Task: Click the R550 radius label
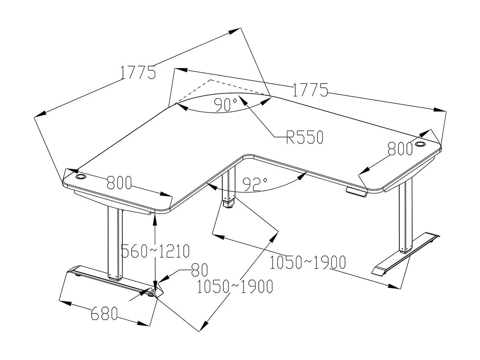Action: [305, 137]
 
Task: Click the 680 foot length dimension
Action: [104, 314]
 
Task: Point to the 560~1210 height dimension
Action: [156, 251]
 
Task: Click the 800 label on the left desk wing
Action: [119, 183]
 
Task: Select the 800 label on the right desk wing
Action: [400, 149]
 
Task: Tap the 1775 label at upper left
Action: [138, 73]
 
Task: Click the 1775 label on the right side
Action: [310, 90]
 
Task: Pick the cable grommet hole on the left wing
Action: [81, 177]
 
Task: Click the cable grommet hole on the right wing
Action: [420, 144]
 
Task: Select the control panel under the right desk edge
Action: [356, 192]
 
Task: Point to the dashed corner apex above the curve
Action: [210, 80]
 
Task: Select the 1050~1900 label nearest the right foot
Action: [307, 263]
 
